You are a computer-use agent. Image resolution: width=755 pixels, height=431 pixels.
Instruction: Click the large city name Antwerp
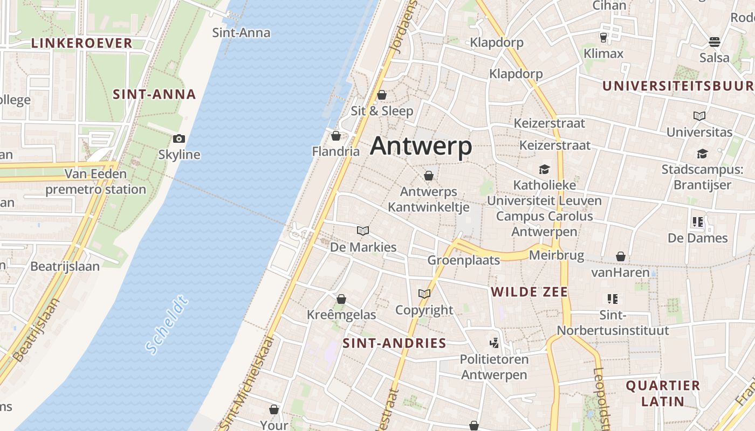point(421,146)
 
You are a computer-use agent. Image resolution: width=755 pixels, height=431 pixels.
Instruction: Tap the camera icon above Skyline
point(179,139)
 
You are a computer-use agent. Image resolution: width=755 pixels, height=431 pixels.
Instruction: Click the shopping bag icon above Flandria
point(336,136)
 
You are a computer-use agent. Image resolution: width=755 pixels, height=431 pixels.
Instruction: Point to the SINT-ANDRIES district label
point(394,343)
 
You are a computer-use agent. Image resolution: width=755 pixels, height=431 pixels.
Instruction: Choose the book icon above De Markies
point(363,231)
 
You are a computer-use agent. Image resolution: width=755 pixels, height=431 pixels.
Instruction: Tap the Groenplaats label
point(463,260)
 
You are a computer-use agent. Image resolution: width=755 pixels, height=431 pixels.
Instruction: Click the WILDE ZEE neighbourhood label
point(529,292)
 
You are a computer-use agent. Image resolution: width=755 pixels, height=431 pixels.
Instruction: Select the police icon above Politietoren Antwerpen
point(493,343)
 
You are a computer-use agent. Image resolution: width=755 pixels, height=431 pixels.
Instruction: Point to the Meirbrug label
point(557,255)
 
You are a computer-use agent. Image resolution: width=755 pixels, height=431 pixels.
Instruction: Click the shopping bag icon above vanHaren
point(621,256)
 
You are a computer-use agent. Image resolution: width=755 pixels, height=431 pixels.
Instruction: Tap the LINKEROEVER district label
point(81,43)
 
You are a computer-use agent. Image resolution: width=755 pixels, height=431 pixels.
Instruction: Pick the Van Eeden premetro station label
point(95,182)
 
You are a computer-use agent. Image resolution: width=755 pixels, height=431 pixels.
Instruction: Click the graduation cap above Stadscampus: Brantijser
point(702,154)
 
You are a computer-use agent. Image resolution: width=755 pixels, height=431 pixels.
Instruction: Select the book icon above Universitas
point(699,116)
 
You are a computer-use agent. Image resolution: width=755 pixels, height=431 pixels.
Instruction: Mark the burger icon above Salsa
point(715,41)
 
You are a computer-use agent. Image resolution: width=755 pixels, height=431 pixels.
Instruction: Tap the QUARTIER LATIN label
point(663,393)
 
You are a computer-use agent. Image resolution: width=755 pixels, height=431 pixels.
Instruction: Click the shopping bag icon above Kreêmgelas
point(341,299)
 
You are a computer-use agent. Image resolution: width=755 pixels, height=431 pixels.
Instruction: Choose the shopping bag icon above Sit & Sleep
point(382,95)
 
